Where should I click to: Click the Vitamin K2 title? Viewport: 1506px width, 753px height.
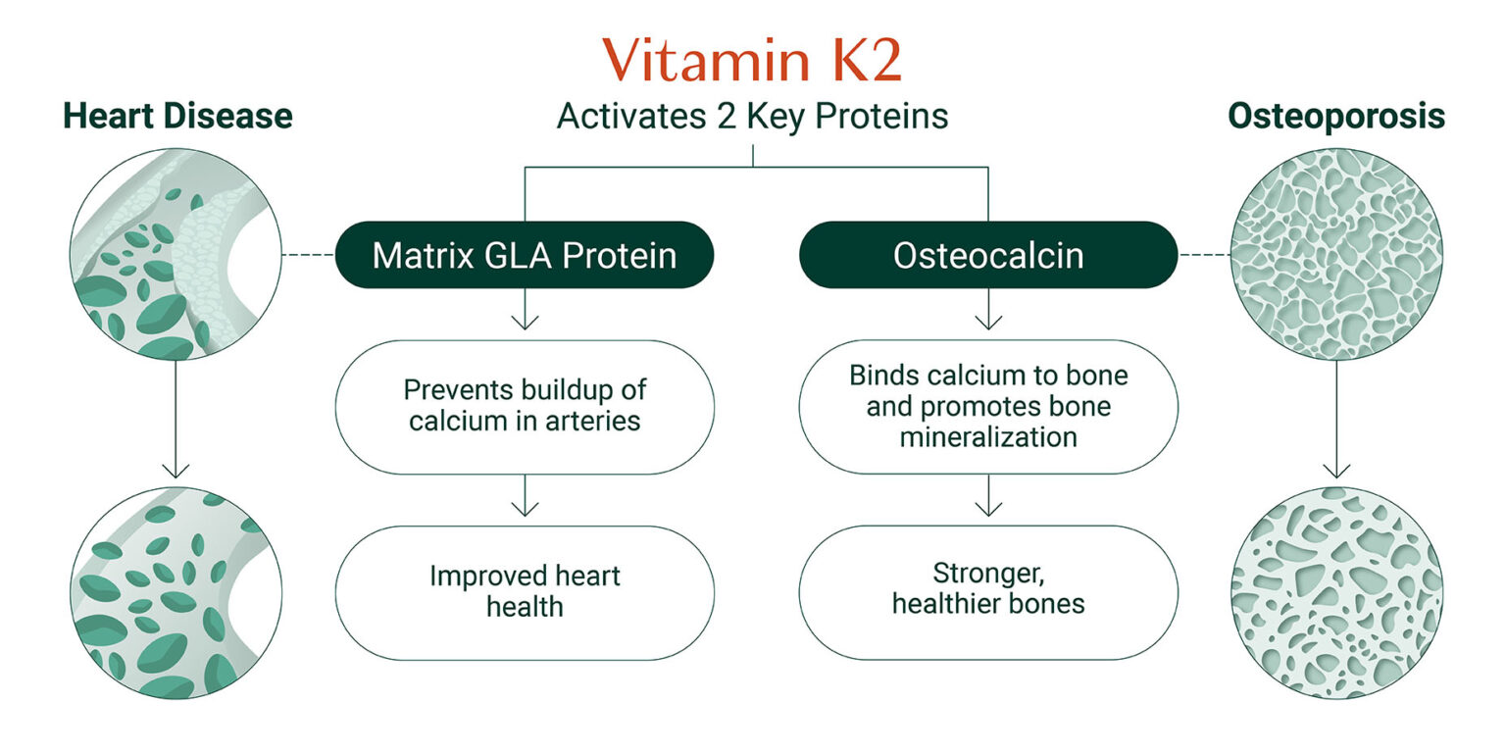pyautogui.click(x=752, y=61)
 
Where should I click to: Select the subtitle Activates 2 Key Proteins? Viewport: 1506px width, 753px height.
pyautogui.click(x=752, y=117)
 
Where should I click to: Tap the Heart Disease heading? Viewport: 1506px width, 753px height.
pyautogui.click(x=177, y=116)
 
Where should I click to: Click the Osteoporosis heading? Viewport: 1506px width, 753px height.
pyautogui.click(x=1335, y=116)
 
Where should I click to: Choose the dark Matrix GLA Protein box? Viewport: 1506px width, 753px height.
pyautogui.click(x=525, y=255)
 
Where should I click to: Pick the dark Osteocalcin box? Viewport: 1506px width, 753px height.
pyautogui.click(x=988, y=255)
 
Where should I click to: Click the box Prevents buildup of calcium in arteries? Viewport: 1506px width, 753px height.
pyautogui.click(x=525, y=406)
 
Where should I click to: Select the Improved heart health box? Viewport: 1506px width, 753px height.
pyautogui.click(x=525, y=591)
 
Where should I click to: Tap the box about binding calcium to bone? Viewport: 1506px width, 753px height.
pyautogui.click(x=988, y=406)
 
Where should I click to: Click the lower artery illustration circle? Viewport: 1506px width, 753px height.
pyautogui.click(x=176, y=592)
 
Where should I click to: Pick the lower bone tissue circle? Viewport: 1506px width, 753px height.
pyautogui.click(x=1335, y=592)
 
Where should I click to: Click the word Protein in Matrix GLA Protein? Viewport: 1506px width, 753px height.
pyautogui.click(x=620, y=255)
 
